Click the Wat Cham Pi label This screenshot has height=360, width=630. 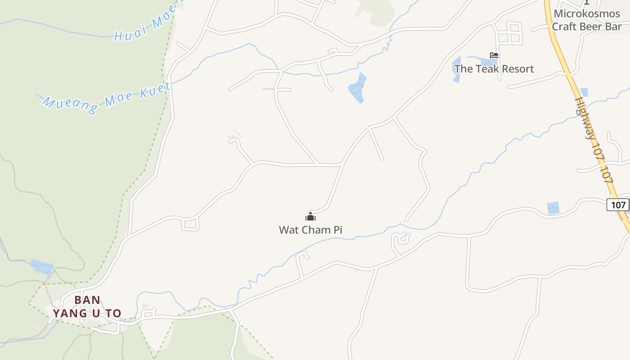(x=310, y=229)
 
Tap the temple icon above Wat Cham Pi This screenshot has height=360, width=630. (x=310, y=216)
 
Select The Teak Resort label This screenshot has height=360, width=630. (x=494, y=69)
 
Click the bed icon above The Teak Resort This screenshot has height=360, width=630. (x=494, y=55)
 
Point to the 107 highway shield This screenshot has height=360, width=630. (x=618, y=205)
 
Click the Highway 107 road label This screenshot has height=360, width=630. (x=594, y=139)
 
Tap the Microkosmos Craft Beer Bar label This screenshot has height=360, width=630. (x=587, y=20)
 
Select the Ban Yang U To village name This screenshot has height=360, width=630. (x=87, y=306)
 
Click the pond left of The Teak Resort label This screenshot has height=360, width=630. (x=457, y=68)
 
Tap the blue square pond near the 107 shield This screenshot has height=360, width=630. (x=553, y=208)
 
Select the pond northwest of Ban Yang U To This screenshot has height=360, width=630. (x=42, y=266)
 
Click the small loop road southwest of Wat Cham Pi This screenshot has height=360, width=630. (x=190, y=223)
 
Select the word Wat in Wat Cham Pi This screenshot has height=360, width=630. (x=288, y=229)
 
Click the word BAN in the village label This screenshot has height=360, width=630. (x=87, y=300)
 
